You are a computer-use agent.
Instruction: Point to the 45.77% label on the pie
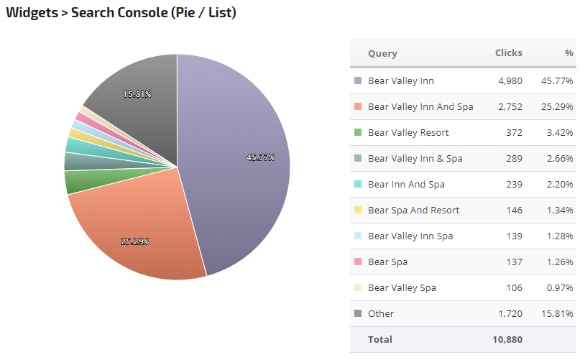click(260, 157)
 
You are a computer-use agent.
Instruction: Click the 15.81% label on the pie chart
click(137, 94)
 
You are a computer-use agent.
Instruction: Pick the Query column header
click(382, 53)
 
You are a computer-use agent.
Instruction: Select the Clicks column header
click(508, 53)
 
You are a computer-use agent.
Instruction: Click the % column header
click(569, 53)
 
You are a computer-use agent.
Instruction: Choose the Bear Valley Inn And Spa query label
click(420, 107)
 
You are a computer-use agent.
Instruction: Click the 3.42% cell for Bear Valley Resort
click(558, 133)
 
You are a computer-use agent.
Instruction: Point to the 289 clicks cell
click(513, 159)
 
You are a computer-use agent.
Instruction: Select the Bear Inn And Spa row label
click(406, 185)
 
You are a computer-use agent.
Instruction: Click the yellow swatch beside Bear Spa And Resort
click(358, 211)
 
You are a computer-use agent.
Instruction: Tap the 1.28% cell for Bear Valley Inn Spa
click(558, 236)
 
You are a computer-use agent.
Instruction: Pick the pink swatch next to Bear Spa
click(358, 262)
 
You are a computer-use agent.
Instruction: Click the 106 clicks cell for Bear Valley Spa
click(513, 288)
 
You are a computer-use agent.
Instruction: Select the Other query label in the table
click(381, 314)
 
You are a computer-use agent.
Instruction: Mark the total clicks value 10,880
click(507, 339)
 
